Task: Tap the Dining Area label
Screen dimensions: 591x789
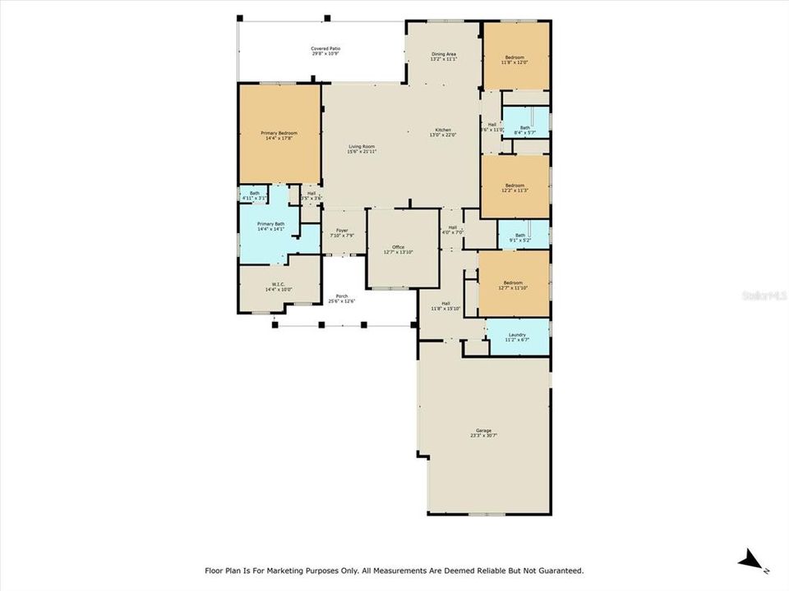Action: (444, 57)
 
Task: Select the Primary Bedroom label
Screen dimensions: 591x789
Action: (279, 135)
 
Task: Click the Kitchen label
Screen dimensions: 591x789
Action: (442, 132)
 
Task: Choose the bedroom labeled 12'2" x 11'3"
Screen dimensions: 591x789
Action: (514, 188)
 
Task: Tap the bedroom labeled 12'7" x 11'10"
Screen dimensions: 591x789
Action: (514, 285)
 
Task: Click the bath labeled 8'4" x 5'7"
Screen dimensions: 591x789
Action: (524, 130)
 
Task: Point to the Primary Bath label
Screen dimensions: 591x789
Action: (270, 227)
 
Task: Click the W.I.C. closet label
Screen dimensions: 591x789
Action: (278, 287)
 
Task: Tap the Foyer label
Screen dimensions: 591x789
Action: (342, 233)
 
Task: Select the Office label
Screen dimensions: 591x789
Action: (399, 250)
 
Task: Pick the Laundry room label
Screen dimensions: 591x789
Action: (517, 337)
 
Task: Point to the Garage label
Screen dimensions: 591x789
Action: (483, 433)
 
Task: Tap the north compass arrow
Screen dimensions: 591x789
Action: (751, 561)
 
